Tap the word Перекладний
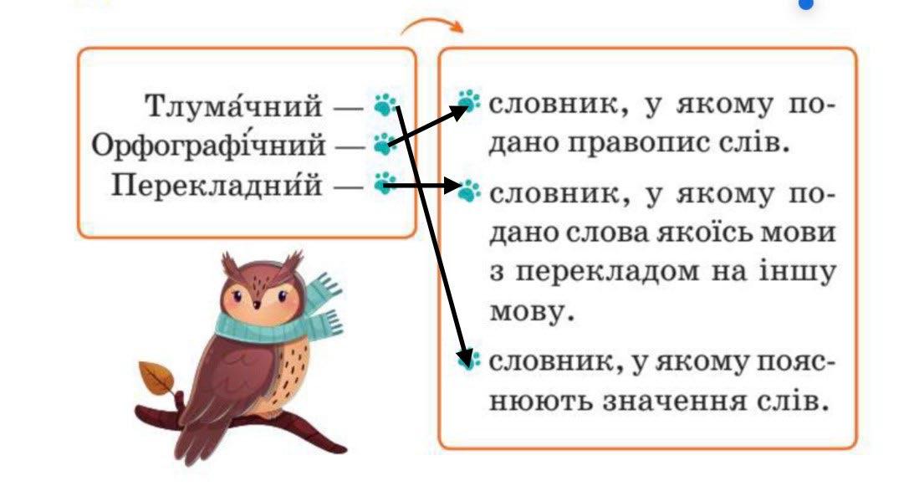[x=217, y=184]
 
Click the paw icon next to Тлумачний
[x=385, y=105]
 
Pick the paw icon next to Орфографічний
[x=384, y=145]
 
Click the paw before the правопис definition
[x=469, y=104]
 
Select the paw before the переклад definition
[x=469, y=190]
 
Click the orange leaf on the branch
[x=157, y=381]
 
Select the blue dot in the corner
[x=806, y=3]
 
